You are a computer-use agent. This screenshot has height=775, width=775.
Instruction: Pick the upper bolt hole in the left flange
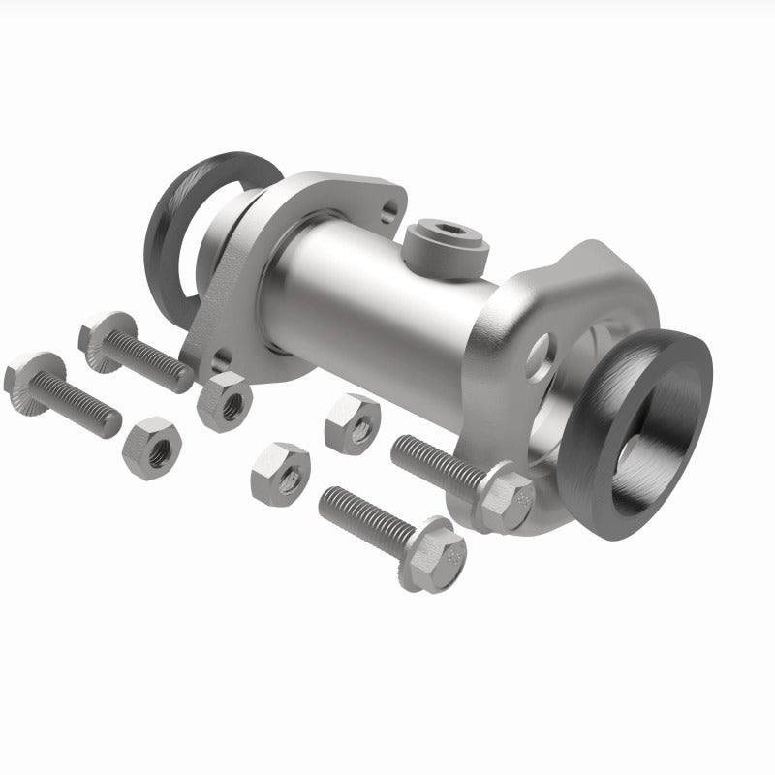click(390, 207)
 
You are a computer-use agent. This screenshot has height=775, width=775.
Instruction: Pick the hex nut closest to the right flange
click(353, 418)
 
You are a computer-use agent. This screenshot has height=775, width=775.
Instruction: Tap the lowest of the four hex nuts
click(281, 472)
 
